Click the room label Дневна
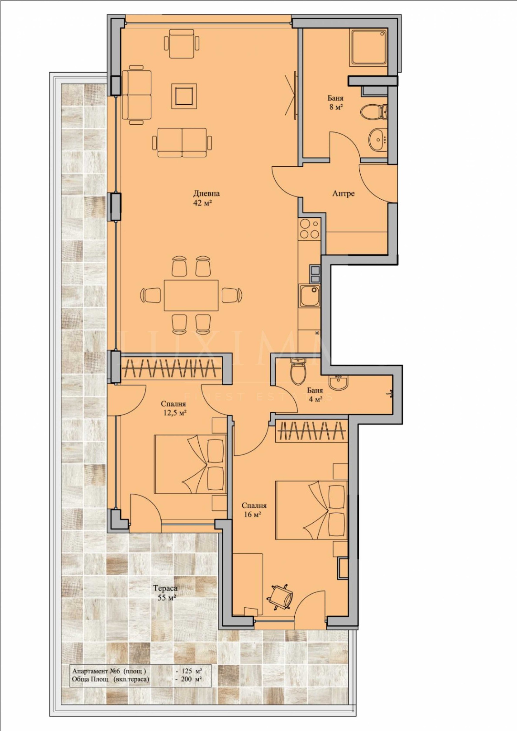206,194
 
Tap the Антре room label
343,194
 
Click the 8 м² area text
336,107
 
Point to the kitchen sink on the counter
310,296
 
